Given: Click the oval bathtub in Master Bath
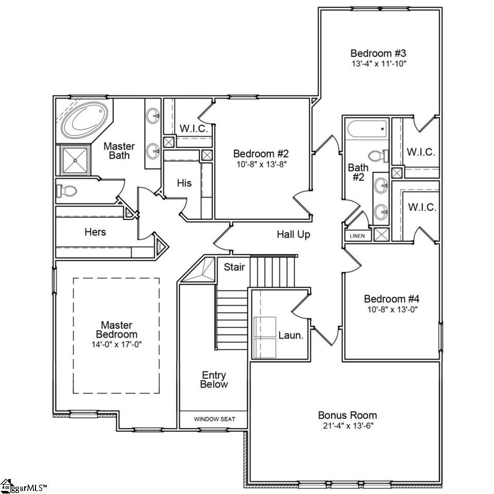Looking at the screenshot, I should (x=85, y=119).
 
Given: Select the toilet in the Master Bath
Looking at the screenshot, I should (x=67, y=191).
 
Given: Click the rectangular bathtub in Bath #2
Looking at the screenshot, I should (x=367, y=129).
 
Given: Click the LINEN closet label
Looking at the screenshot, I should (x=357, y=236).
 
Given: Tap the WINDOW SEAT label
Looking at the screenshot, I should (x=214, y=419).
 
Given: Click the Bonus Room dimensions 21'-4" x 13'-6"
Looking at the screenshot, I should (x=347, y=426).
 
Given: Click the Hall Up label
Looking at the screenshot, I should (x=293, y=235).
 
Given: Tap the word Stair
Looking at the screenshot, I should (x=234, y=267).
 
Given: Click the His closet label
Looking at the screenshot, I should (x=184, y=183).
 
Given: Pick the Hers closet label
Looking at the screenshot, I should (x=95, y=232).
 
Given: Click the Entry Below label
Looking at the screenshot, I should (x=214, y=380).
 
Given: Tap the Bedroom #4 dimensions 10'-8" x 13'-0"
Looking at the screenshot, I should (x=392, y=309).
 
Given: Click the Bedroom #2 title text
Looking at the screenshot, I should (x=261, y=153).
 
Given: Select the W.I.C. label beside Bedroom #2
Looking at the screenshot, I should (x=193, y=129).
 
